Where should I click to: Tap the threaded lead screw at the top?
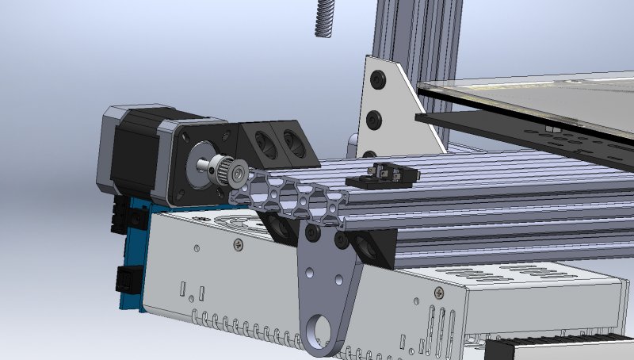tap(323, 16)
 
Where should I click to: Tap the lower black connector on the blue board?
tap(124, 279)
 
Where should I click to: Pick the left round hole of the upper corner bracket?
tap(262, 144)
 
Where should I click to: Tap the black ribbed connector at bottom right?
tap(555, 349)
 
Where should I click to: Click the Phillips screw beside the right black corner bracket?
tap(438, 293)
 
